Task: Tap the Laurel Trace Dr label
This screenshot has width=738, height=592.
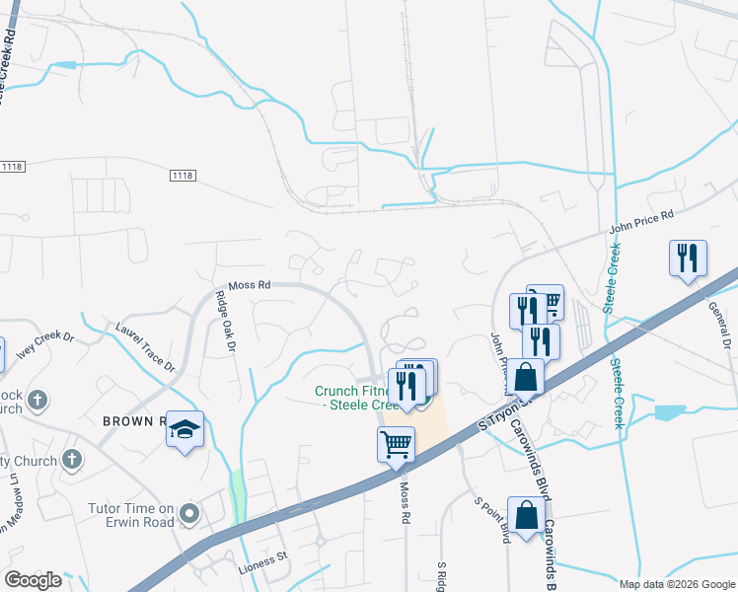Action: click(144, 346)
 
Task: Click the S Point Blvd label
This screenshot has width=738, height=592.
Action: click(490, 518)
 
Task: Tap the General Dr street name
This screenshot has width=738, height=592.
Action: click(717, 325)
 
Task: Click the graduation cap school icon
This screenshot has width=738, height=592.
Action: click(184, 429)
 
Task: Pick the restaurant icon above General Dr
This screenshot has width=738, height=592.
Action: click(688, 258)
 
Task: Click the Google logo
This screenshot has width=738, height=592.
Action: click(33, 579)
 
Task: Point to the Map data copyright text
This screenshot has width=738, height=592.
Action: click(677, 583)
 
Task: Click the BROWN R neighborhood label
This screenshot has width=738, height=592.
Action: click(133, 420)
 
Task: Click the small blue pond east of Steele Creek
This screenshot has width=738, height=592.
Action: click(670, 411)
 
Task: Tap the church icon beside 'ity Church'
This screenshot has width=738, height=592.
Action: click(70, 460)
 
